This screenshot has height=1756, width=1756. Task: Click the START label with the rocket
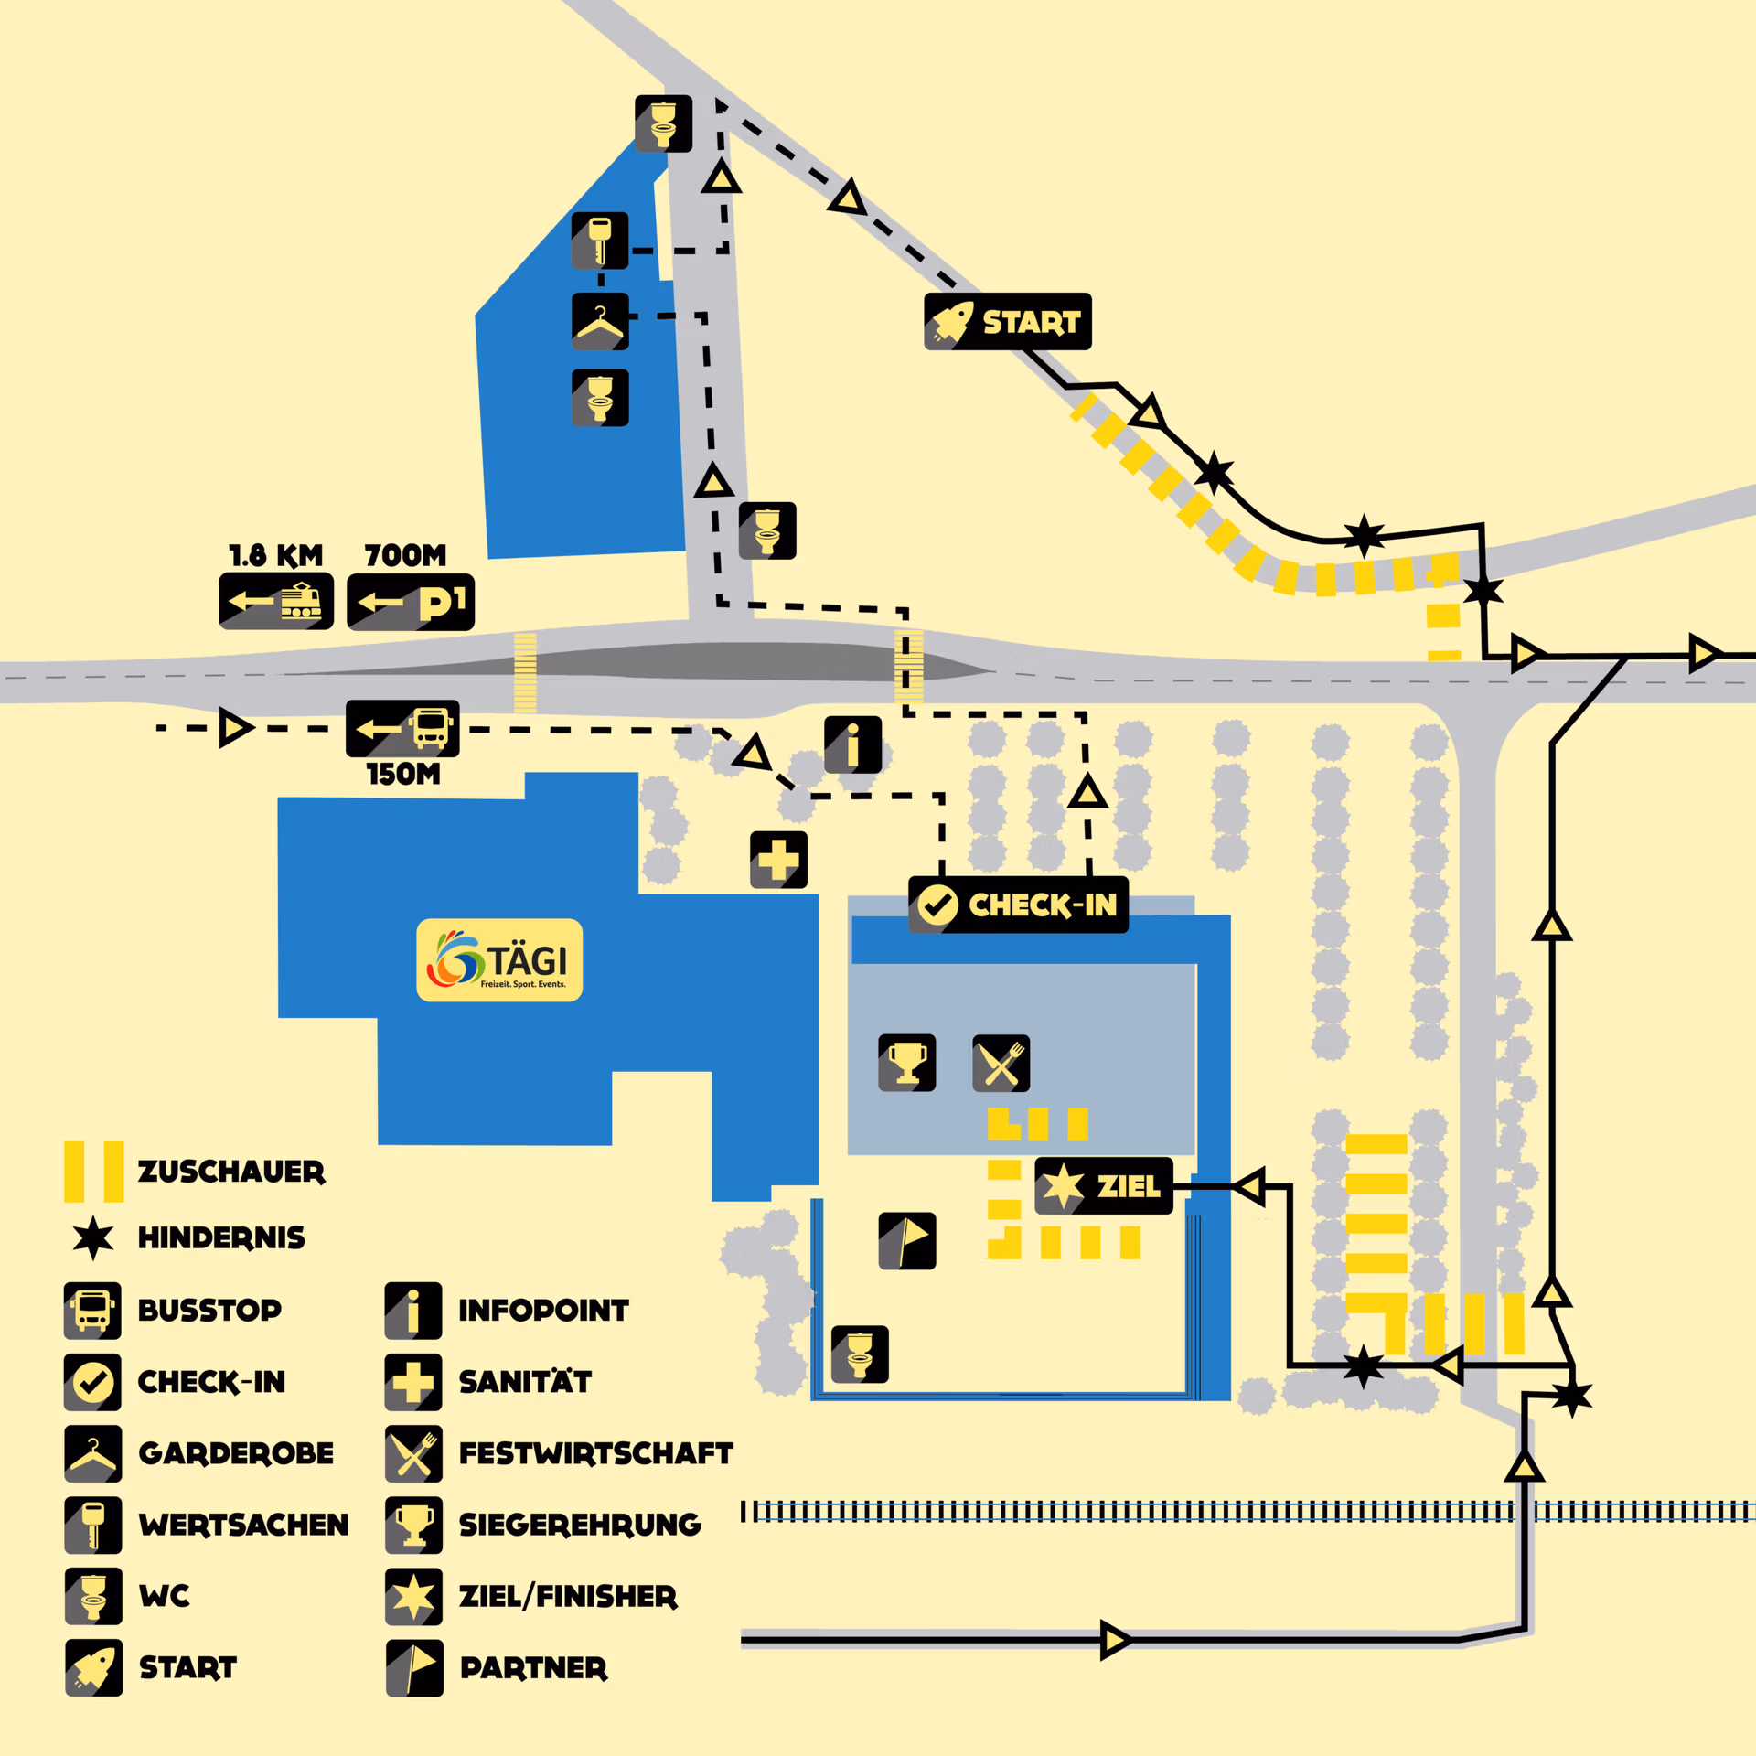(1008, 322)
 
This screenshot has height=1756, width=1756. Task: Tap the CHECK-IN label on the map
(1018, 905)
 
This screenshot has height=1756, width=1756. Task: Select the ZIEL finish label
(1103, 1185)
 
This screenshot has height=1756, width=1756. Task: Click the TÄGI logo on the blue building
(499, 959)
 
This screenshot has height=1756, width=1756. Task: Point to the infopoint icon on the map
(852, 744)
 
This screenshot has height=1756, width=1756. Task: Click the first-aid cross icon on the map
(778, 860)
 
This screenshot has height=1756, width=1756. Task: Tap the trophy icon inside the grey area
(906, 1063)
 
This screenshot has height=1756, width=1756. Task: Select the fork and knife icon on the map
(1001, 1064)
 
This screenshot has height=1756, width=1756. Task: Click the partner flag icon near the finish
(906, 1241)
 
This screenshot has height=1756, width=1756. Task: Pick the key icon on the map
(600, 241)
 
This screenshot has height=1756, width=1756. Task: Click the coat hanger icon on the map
(600, 321)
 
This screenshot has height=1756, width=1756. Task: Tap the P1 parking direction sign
(411, 602)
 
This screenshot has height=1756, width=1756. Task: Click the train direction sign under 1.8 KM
(276, 602)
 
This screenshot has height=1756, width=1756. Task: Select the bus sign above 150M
(402, 729)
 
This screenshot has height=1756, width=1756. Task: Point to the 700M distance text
(405, 555)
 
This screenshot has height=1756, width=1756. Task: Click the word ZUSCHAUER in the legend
(231, 1172)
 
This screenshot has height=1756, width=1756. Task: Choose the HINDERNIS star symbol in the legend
(93, 1238)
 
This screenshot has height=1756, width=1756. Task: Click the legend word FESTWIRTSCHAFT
(595, 1453)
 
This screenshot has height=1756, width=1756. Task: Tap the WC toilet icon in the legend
(93, 1596)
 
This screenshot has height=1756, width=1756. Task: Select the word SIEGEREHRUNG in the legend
(580, 1525)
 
